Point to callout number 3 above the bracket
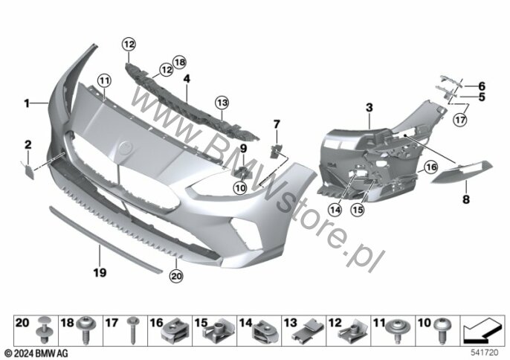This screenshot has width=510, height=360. click(369, 109)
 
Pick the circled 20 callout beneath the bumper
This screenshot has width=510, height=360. click(175, 276)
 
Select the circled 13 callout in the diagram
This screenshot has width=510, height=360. click(222, 102)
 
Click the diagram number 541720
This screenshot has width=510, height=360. click(485, 352)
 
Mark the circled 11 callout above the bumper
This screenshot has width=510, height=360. click(103, 80)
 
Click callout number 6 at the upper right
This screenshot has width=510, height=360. click(481, 86)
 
